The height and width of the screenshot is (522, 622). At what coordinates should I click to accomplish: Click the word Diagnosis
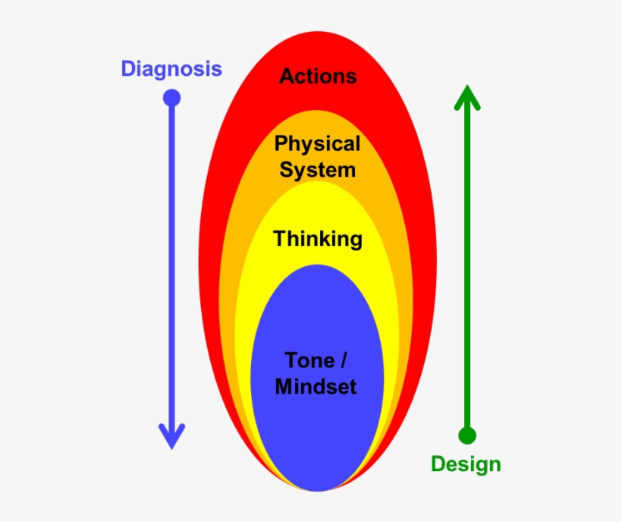point(171,69)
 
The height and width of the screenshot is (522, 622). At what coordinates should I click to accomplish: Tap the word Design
point(466,464)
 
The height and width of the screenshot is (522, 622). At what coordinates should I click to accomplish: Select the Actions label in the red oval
point(318,76)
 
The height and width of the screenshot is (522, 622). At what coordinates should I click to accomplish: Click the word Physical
point(317,143)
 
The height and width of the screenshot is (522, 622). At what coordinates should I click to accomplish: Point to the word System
point(317,169)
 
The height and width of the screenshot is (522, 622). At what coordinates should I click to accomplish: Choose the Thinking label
point(318,239)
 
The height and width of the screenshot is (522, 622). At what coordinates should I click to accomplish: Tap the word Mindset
point(316,386)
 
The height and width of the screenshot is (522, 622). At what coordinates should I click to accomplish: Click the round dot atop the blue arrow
point(172,98)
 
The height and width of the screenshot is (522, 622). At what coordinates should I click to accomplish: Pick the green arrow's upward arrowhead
point(467,97)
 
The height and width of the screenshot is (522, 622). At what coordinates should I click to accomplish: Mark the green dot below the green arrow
point(467,436)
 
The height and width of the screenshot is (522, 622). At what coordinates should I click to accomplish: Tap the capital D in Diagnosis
point(128,69)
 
